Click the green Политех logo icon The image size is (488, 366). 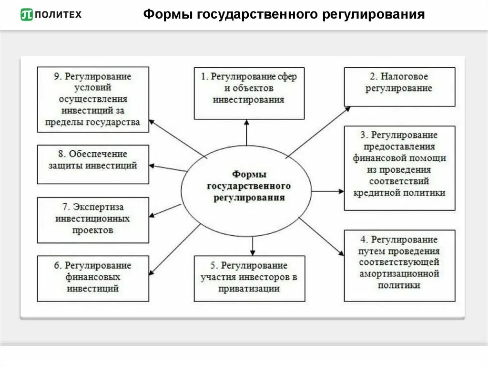(x=27, y=15)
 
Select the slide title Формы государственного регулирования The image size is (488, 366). (x=284, y=15)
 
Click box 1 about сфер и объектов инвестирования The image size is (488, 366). (x=249, y=94)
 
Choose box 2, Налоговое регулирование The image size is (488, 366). (x=399, y=86)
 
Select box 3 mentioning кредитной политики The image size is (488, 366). (x=399, y=168)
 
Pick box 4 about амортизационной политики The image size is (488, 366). (x=399, y=265)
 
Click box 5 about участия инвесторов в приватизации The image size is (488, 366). (x=249, y=279)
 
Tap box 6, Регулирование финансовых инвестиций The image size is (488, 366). (x=93, y=279)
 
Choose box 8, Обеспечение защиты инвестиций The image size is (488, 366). (x=93, y=164)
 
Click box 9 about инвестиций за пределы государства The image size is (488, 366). (x=93, y=99)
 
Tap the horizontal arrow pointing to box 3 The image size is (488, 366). (x=327, y=191)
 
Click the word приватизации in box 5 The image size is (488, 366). (x=249, y=289)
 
